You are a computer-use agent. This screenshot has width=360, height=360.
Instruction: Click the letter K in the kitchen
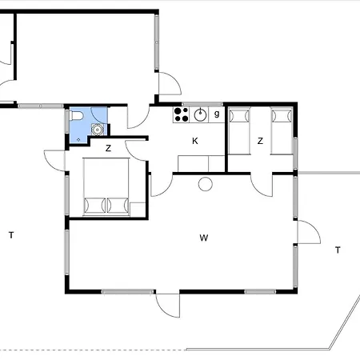195,141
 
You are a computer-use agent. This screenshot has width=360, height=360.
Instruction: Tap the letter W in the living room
204,238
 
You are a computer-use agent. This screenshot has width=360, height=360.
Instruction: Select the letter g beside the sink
217,114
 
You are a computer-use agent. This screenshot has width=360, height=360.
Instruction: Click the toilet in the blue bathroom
77,116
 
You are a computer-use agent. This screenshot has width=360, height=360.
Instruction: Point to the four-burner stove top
181,114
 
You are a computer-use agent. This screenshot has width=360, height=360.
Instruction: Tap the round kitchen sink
200,115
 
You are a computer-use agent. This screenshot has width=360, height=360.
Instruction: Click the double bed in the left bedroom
106,186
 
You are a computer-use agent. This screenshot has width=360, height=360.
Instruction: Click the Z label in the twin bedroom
260,141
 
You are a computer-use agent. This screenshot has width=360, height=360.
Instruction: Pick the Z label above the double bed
108,148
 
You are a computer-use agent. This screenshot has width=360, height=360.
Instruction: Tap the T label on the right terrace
338,250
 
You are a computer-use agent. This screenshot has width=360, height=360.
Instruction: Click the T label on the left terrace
11,235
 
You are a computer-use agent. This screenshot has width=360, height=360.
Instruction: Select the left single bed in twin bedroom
239,130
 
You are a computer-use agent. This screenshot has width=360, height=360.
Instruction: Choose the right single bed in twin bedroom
282,130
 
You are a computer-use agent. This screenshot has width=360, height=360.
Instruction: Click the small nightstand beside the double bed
138,210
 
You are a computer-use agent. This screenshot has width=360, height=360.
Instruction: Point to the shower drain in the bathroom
78,139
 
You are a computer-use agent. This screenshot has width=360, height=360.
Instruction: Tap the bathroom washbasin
98,130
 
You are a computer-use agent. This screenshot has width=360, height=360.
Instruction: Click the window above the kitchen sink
202,104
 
